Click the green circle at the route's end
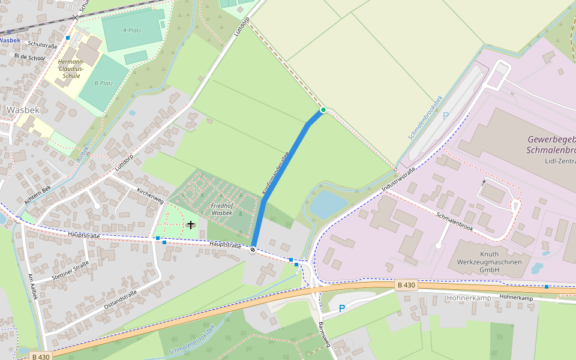click(x=323, y=110)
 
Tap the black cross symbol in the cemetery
click(x=191, y=224)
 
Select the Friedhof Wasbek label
click(x=222, y=209)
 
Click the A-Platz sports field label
click(x=132, y=30)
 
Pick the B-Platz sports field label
click(x=104, y=83)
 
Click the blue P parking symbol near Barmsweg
click(x=342, y=308)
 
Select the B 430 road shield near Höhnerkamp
click(x=406, y=286)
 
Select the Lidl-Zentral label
click(x=551, y=161)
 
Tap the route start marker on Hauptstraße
click(x=253, y=250)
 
